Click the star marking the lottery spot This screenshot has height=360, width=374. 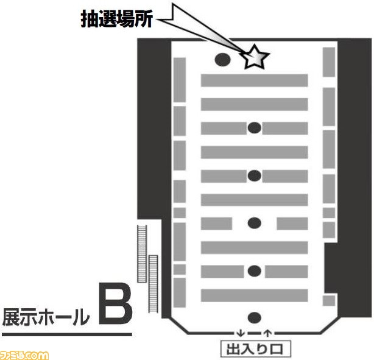click(255, 57)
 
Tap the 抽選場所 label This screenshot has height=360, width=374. click(116, 19)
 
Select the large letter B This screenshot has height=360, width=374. click(116, 303)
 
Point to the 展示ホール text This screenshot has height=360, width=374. click(46, 317)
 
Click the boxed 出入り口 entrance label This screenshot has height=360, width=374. click(255, 349)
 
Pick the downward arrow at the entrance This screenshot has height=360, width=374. click(241, 333)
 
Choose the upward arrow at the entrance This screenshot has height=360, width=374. click(268, 333)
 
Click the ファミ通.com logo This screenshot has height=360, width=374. click(24, 355)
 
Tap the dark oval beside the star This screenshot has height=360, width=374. click(222, 60)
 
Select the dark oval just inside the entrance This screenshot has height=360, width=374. click(255, 317)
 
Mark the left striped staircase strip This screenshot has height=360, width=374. click(142, 253)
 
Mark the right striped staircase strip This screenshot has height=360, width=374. click(153, 284)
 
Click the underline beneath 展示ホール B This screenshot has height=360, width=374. click(67, 334)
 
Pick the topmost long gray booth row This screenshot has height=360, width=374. click(254, 80)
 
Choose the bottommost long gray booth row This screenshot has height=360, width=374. click(254, 295)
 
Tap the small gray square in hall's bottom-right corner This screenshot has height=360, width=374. click(329, 300)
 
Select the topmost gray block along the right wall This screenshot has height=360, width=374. click(329, 62)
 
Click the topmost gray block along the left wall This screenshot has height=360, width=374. click(180, 80)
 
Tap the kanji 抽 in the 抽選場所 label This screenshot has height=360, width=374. click(89, 19)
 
